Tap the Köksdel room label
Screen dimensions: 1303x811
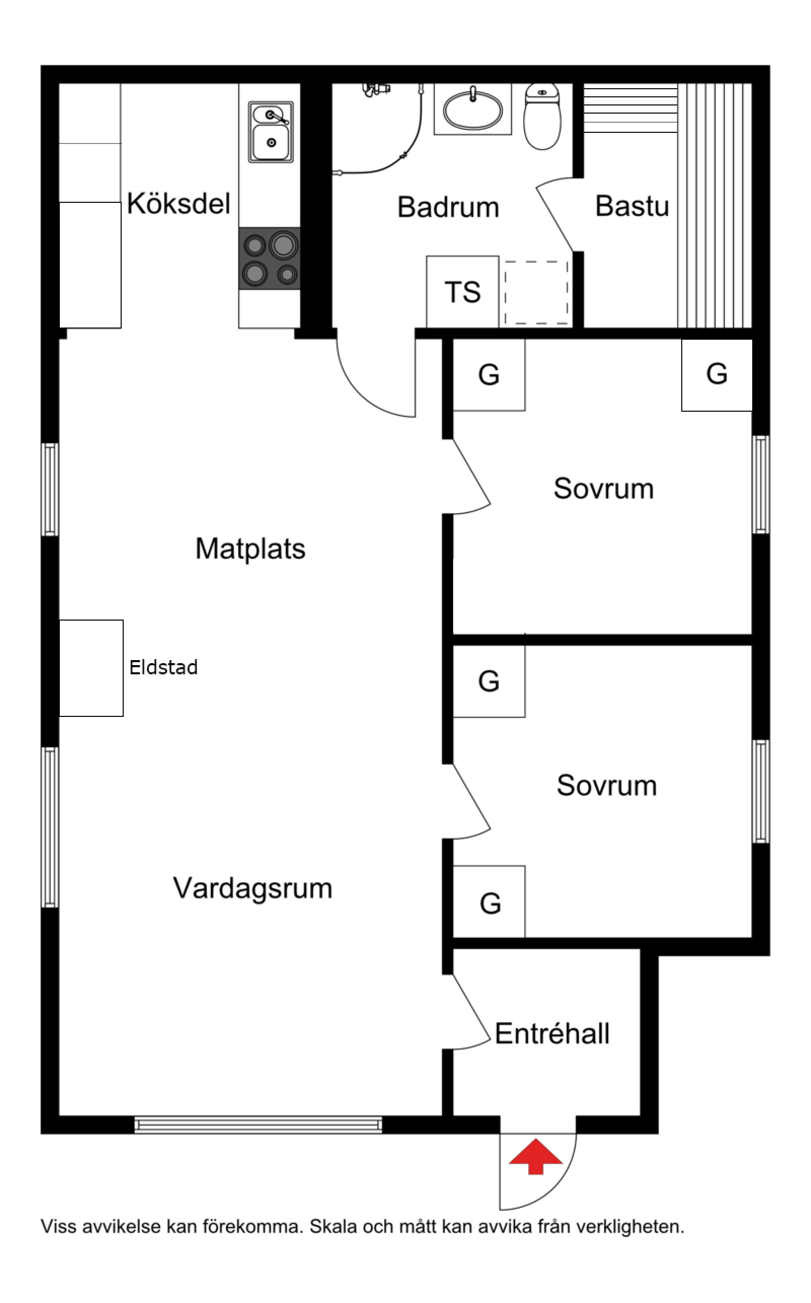coord(178,204)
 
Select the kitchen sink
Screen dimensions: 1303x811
coord(271,132)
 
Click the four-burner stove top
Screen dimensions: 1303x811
coord(269,259)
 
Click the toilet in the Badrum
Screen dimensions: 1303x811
coord(542,117)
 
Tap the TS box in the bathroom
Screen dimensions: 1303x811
coord(462,292)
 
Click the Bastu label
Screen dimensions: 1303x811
coord(632,206)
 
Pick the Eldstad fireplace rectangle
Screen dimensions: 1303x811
coord(91,668)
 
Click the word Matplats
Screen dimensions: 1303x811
coord(250,549)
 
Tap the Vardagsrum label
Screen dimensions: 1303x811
coord(252,888)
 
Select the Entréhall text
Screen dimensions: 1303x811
coord(552,1034)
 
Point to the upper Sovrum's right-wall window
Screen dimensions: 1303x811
coord(761,484)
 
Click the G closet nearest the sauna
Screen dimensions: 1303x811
coord(717,375)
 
